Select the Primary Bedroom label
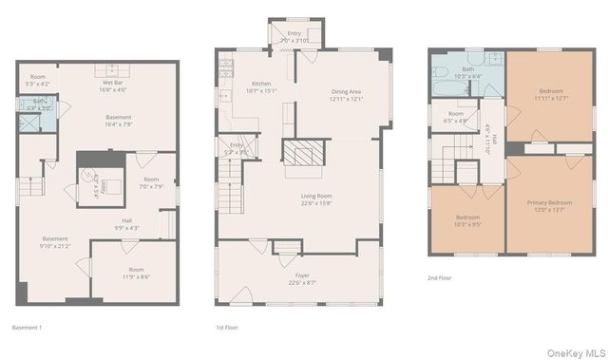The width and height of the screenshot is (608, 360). [549, 206]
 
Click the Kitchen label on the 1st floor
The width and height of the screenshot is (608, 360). [260, 88]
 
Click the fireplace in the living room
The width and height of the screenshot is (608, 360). [305, 154]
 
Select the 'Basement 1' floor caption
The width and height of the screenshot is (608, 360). [26, 327]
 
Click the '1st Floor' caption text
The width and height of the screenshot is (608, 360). [226, 327]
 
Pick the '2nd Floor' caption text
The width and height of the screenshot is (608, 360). [440, 277]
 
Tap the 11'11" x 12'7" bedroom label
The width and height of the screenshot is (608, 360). [549, 94]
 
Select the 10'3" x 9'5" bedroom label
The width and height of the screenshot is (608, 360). [465, 221]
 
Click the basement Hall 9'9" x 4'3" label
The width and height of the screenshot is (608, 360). [125, 224]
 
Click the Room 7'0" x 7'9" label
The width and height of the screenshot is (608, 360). [151, 182]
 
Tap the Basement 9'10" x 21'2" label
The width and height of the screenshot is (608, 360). [55, 242]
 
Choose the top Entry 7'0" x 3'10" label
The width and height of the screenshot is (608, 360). [294, 37]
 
